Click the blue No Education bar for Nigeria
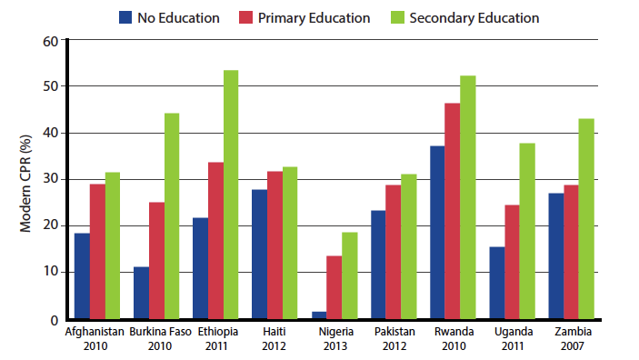318,315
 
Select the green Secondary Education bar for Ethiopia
230,195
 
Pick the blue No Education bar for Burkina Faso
141,292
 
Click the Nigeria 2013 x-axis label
335,338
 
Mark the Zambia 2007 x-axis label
571,338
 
